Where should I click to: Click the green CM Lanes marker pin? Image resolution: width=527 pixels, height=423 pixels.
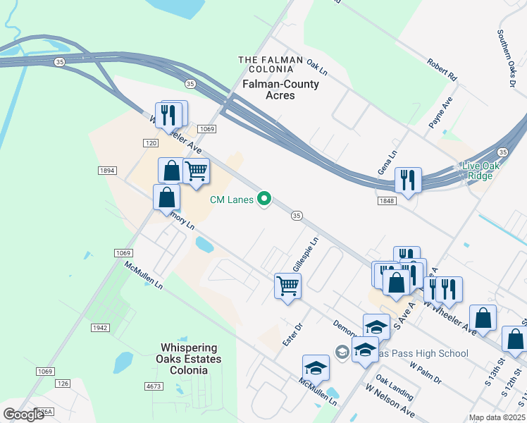pos(265,200)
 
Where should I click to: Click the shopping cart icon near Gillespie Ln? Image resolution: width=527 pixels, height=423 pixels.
pos(287,286)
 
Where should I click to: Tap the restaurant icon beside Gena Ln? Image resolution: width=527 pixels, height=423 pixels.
pos(408,180)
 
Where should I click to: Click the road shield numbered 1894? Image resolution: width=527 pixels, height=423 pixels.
pos(107,171)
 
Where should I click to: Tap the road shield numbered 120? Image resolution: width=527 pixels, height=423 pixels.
pos(150,143)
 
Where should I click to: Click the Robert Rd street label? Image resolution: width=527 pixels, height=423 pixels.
pos(442,68)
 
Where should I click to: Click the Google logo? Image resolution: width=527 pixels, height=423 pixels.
pos(24,415)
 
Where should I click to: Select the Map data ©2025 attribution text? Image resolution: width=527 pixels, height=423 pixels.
pos(497,417)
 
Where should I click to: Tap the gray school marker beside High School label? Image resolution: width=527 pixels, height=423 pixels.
pos(342,351)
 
